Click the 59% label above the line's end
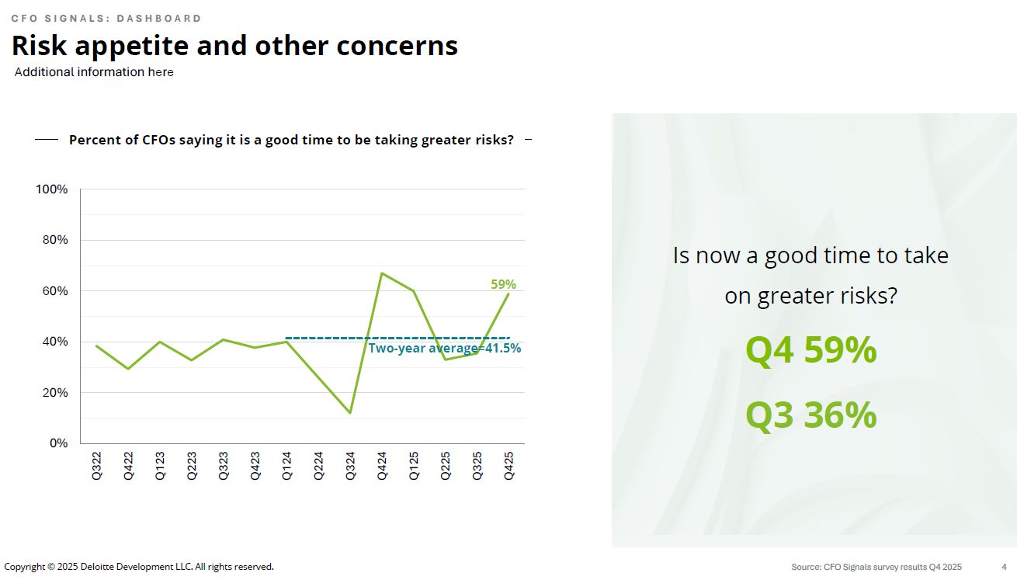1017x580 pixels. pyautogui.click(x=503, y=284)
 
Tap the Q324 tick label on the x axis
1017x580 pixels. pyautogui.click(x=350, y=465)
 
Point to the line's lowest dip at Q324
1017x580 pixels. pyautogui.click(x=350, y=413)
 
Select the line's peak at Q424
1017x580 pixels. pyautogui.click(x=381, y=273)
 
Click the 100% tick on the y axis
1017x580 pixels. pyautogui.click(x=52, y=189)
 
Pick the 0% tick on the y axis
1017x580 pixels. pyautogui.click(x=59, y=443)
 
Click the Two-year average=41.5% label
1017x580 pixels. pyautogui.click(x=444, y=349)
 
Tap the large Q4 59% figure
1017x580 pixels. pyautogui.click(x=810, y=350)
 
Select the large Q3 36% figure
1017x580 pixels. pyautogui.click(x=810, y=415)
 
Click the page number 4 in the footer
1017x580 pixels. pyautogui.click(x=1004, y=567)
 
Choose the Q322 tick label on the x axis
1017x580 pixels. pyautogui.click(x=97, y=465)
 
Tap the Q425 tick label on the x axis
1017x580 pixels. pyautogui.click(x=508, y=465)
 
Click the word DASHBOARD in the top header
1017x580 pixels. pyautogui.click(x=165, y=18)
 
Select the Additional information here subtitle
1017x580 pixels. pyautogui.click(x=94, y=72)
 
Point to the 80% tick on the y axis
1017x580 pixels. pyautogui.click(x=55, y=240)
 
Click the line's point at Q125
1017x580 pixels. pyautogui.click(x=413, y=291)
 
